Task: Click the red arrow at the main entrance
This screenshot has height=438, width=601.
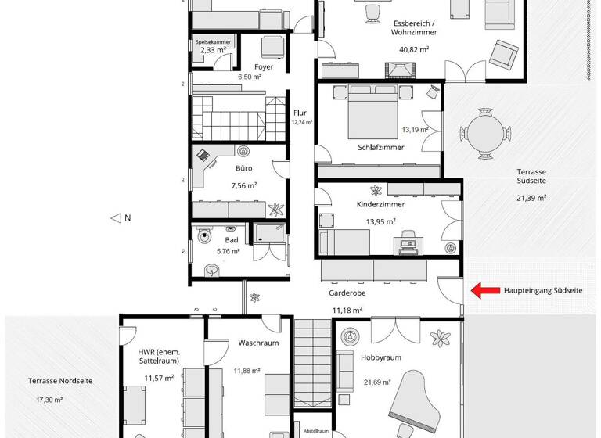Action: pyautogui.click(x=485, y=290)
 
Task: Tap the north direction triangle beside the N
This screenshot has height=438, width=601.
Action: pyautogui.click(x=115, y=218)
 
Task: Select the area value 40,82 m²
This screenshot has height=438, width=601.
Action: pyautogui.click(x=414, y=49)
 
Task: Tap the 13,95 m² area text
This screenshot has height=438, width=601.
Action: pyautogui.click(x=380, y=222)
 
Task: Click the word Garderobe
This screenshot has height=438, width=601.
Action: pyautogui.click(x=347, y=293)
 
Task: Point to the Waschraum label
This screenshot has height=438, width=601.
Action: pyautogui.click(x=254, y=343)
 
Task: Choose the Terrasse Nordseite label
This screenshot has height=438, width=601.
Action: pyautogui.click(x=50, y=381)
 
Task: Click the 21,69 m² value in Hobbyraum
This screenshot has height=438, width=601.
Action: pyautogui.click(x=380, y=382)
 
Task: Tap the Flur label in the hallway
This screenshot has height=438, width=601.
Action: pyautogui.click(x=301, y=113)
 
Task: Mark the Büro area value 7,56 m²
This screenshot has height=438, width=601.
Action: pyautogui.click(x=243, y=186)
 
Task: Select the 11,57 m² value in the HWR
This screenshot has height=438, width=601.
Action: pyautogui.click(x=159, y=379)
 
